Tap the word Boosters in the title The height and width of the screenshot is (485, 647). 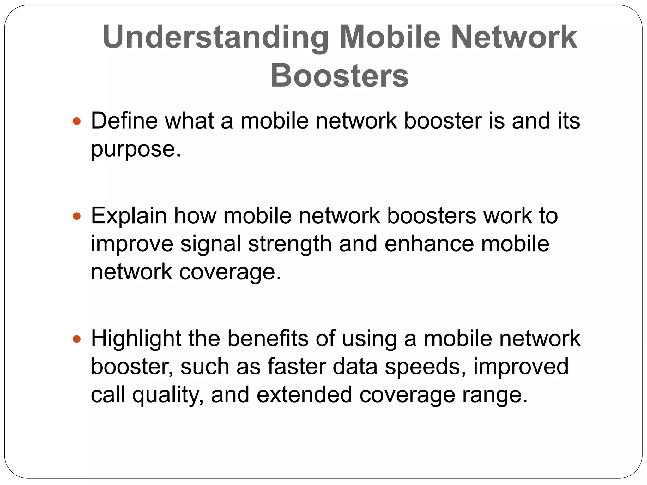coord(339,76)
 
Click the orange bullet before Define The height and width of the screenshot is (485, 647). coord(77,121)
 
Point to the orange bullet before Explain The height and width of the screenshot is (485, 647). coord(77,216)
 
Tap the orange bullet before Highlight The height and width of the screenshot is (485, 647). coord(77,339)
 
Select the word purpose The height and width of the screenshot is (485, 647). coord(136,150)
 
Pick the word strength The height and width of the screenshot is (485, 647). coord(290,244)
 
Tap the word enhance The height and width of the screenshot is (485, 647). coord(429,244)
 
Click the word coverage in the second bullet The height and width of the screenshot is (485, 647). coord(230,272)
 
